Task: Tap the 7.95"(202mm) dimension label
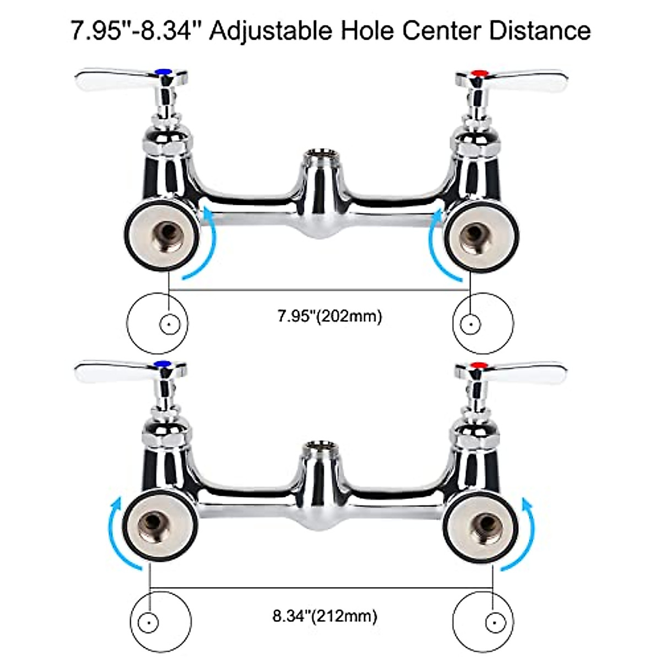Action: click(329, 317)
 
